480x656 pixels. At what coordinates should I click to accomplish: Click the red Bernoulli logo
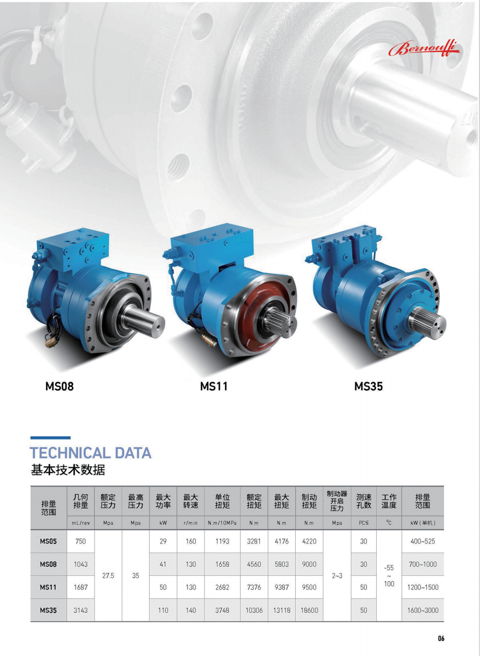pos(424,49)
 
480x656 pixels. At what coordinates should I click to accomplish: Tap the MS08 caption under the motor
pos(60,386)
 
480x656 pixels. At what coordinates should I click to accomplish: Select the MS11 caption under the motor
pos(214,386)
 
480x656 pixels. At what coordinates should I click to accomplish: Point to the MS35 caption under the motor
pos(368,386)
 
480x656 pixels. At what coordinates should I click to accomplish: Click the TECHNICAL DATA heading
pos(91,453)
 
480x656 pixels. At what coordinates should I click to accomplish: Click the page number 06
pos(441,638)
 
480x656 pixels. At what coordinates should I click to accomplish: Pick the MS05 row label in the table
pos(48,542)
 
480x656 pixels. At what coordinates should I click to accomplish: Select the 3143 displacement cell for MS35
pos(80,610)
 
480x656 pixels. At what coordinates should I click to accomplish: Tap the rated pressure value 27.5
pos(108,576)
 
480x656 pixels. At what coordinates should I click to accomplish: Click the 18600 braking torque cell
pos(309,610)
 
